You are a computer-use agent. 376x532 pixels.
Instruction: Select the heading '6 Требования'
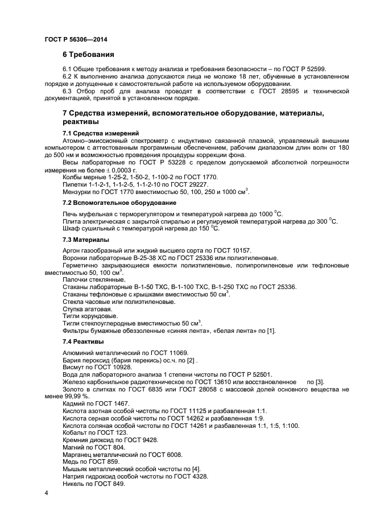[x=88, y=55]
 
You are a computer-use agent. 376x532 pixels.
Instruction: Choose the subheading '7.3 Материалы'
[x=85, y=240]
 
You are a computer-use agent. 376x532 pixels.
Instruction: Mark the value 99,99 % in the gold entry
[x=77, y=397]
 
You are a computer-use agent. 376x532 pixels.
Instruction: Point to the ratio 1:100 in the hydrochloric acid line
[x=291, y=426]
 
